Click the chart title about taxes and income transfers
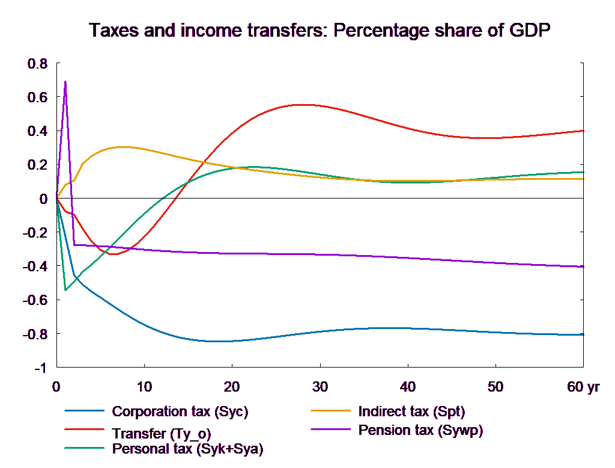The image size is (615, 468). click(320, 31)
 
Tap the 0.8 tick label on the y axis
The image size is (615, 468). click(38, 63)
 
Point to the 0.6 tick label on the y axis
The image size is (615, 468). click(38, 97)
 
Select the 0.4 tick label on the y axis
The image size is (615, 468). click(38, 131)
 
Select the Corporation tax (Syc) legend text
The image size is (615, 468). click(180, 412)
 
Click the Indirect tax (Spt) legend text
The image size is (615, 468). click(411, 412)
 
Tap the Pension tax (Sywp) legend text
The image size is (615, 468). click(420, 430)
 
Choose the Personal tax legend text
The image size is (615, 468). click(187, 449)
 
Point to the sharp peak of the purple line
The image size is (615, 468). click(65, 81)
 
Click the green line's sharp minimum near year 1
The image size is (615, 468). click(65, 290)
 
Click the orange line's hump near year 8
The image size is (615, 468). click(123, 147)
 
